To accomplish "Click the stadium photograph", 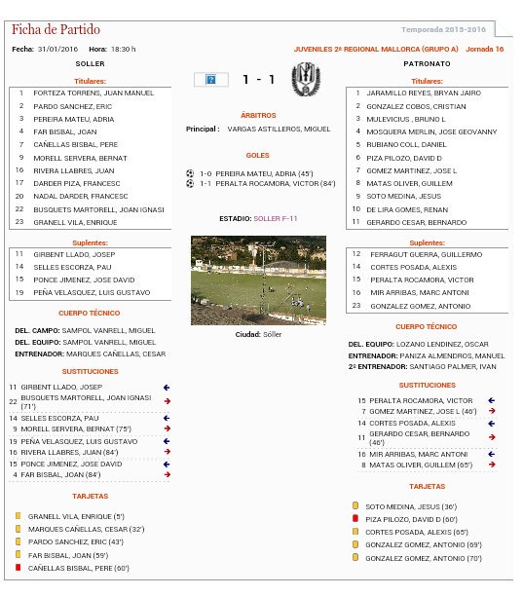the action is click(x=259, y=279).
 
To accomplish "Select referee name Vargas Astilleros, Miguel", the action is click(x=279, y=129).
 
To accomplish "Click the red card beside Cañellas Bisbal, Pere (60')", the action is click(x=17, y=567).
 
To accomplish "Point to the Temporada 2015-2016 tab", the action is click(x=449, y=31).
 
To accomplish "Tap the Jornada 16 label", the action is click(x=485, y=49).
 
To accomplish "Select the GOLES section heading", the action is click(x=258, y=155).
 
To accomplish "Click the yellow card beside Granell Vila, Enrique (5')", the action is click(x=17, y=516).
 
